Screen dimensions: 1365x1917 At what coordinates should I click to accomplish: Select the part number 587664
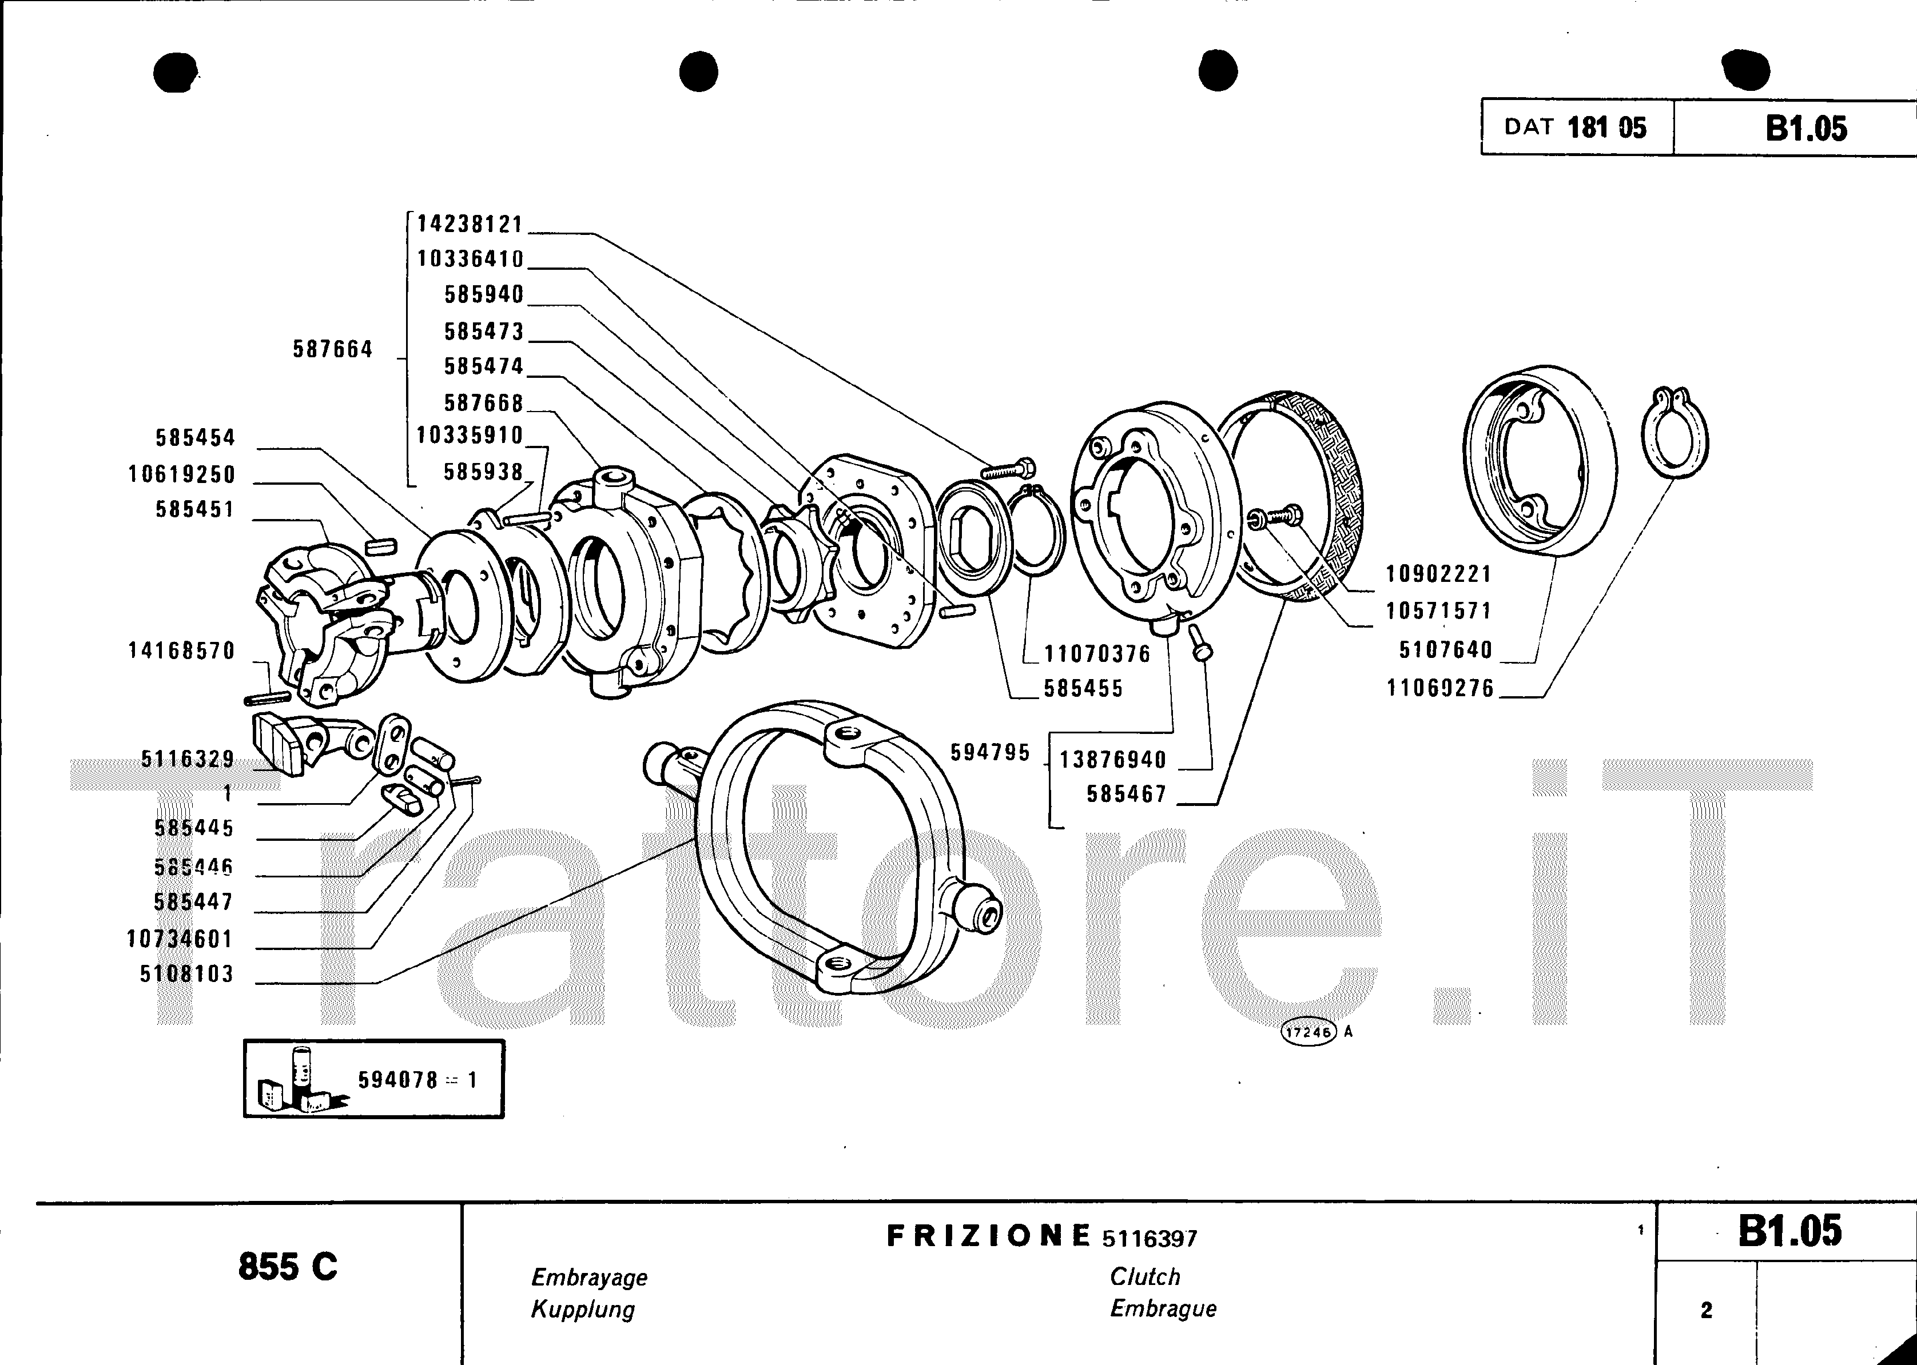pyautogui.click(x=332, y=350)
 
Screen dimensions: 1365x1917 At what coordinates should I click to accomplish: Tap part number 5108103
pyautogui.click(x=186, y=974)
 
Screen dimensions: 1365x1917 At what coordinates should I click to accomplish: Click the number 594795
pyautogui.click(x=989, y=753)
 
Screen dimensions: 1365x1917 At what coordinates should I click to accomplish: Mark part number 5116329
pyautogui.click(x=188, y=760)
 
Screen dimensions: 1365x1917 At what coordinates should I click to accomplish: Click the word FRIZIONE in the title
pyautogui.click(x=988, y=1236)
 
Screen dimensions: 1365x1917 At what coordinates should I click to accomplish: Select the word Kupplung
pyautogui.click(x=583, y=1310)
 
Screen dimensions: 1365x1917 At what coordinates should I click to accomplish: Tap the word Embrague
pyautogui.click(x=1163, y=1308)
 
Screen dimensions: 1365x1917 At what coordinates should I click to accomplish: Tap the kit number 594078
pyautogui.click(x=397, y=1080)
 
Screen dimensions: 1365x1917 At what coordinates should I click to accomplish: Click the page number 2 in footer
pyautogui.click(x=1706, y=1310)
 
